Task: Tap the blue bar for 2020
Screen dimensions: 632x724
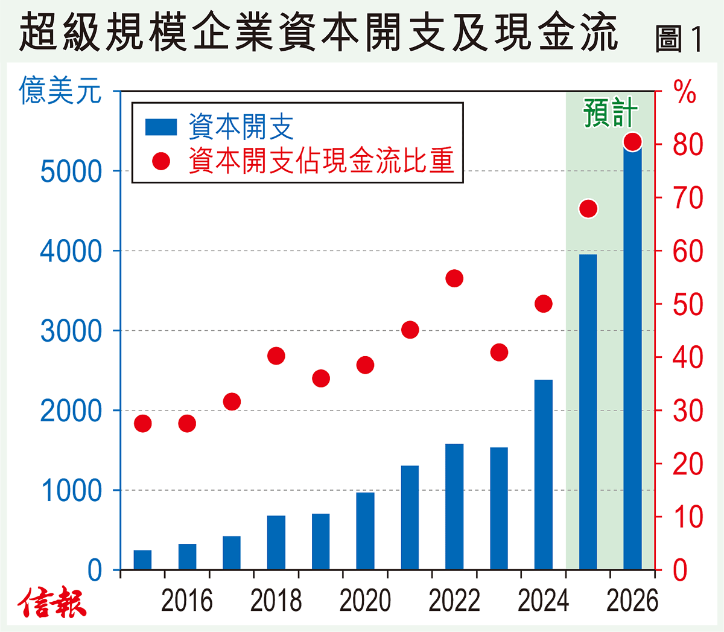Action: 365,531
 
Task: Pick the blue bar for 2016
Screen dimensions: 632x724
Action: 187,557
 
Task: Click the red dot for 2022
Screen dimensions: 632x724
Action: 454,278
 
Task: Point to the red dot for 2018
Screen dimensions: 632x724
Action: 276,356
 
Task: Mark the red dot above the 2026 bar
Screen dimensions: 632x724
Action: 632,141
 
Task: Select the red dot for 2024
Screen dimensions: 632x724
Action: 543,304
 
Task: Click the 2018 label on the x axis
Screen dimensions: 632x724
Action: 276,601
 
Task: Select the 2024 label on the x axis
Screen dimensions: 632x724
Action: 543,601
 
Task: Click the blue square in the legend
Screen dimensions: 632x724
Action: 161,127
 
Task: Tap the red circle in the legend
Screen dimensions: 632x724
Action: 161,161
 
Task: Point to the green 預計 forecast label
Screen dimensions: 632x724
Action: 610,113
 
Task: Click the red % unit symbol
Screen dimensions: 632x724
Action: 684,93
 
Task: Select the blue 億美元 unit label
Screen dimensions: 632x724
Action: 60,91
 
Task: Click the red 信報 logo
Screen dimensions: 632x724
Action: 52,602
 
